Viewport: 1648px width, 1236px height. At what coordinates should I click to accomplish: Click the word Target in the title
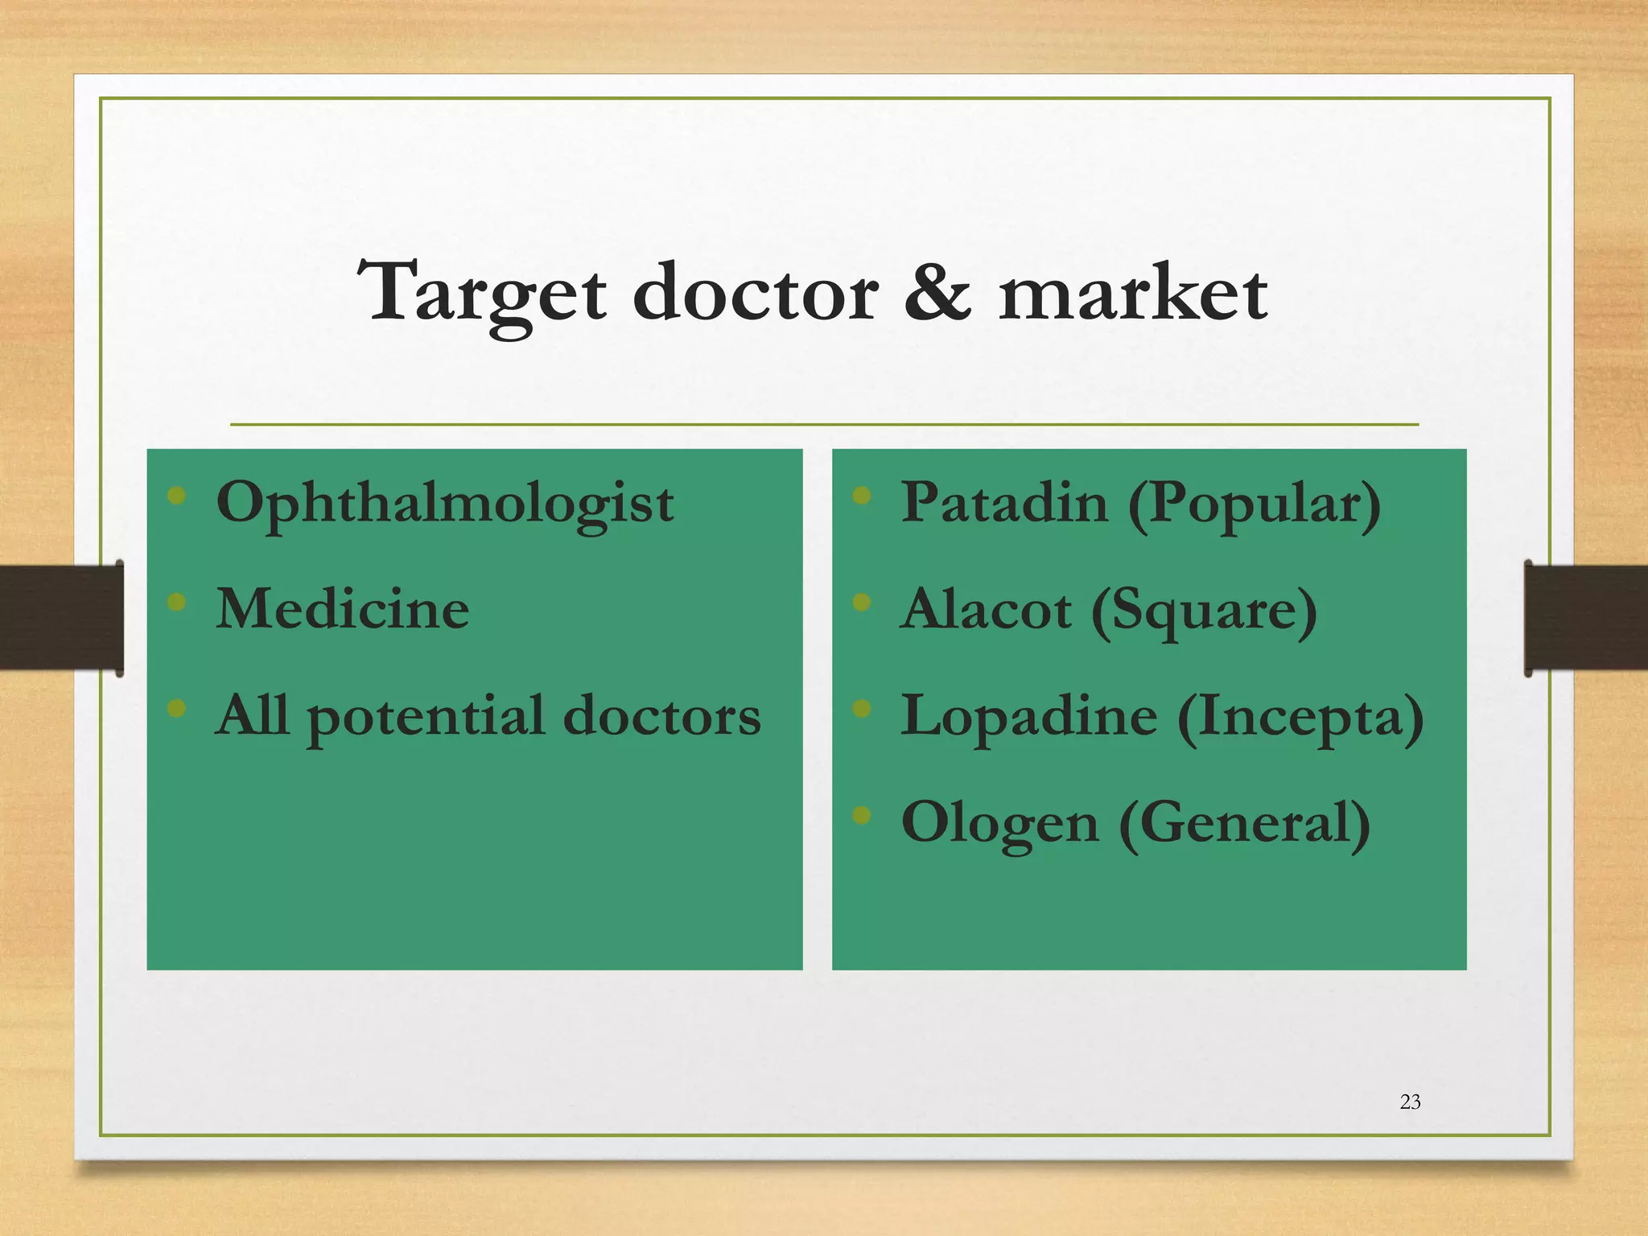(x=481, y=295)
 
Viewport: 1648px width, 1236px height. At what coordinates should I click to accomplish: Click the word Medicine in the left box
(x=343, y=608)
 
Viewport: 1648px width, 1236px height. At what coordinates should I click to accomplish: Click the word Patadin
(x=1003, y=502)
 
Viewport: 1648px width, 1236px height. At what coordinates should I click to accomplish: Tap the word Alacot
(x=986, y=609)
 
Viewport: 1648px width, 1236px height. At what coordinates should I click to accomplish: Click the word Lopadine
(x=1029, y=716)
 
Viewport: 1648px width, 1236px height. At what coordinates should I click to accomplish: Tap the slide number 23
(x=1410, y=1102)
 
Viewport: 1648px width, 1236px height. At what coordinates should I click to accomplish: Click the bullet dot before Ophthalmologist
(x=177, y=496)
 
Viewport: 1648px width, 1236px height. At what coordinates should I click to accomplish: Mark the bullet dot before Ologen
(x=862, y=816)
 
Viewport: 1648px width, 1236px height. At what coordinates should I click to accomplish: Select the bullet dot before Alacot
(x=862, y=602)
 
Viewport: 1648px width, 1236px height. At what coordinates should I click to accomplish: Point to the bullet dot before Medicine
(x=177, y=602)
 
